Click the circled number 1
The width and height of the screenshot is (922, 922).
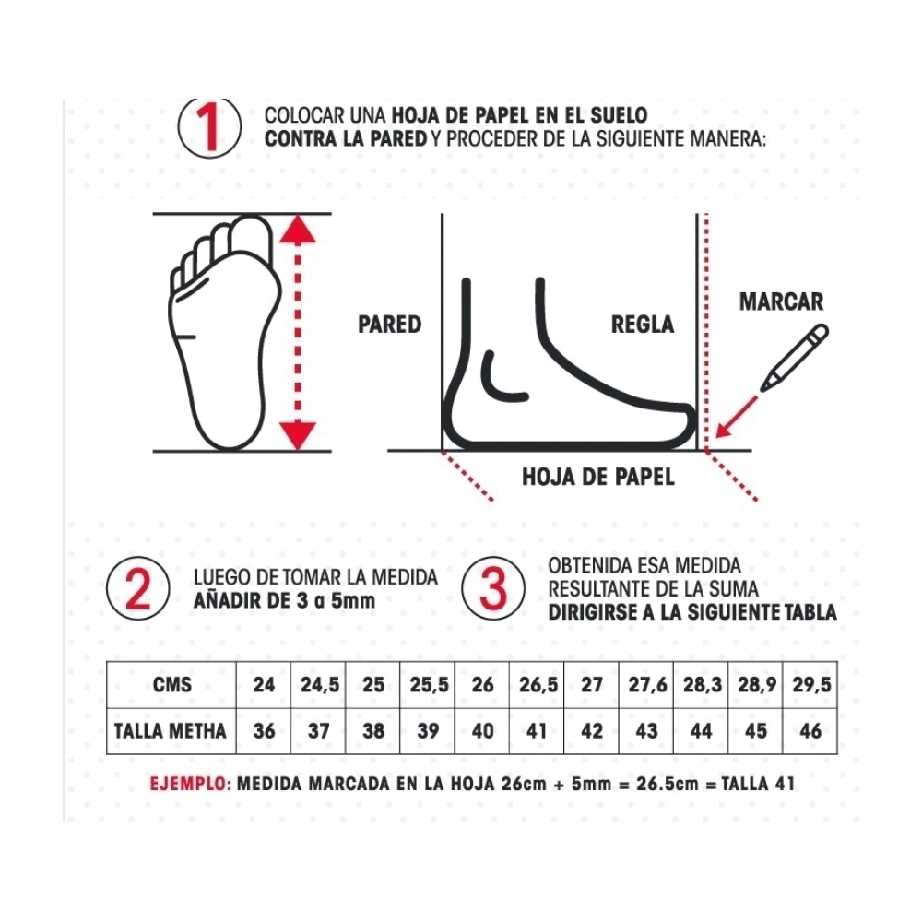[209, 128]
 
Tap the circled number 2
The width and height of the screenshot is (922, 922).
[138, 588]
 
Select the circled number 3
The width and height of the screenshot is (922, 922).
[492, 588]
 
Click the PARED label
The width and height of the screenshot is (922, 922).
[390, 324]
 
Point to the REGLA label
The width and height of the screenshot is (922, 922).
[642, 324]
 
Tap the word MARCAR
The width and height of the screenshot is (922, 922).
[781, 301]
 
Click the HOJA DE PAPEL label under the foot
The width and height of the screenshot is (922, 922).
[598, 477]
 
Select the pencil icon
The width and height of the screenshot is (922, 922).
[794, 358]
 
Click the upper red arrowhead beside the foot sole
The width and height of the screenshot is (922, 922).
[298, 230]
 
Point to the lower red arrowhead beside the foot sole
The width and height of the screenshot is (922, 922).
[298, 436]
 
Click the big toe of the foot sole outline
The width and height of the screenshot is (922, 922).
[252, 235]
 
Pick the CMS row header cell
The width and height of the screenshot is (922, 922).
[171, 685]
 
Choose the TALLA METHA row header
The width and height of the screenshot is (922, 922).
[171, 731]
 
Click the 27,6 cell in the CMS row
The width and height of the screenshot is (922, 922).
[646, 685]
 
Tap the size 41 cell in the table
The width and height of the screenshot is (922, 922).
[537, 731]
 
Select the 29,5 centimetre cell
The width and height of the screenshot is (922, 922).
[811, 685]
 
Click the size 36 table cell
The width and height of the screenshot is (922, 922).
[264, 731]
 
